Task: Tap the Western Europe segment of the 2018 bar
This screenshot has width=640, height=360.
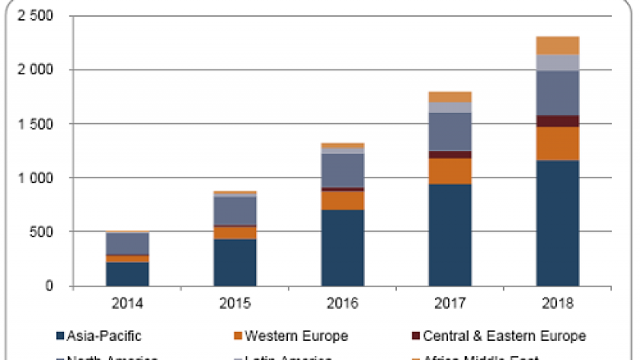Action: point(558,143)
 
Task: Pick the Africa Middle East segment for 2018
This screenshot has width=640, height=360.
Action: point(558,45)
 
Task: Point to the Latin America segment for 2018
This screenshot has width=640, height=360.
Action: point(558,62)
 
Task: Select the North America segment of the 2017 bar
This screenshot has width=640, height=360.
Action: point(450,131)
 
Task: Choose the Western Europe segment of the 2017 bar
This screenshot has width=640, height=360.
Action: point(450,170)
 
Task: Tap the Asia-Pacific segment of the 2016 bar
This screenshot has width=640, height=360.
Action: point(342,247)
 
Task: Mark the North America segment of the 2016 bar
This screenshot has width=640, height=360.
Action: point(342,170)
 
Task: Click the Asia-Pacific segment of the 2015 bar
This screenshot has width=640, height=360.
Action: point(235,262)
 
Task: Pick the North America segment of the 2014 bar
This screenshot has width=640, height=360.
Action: point(128,243)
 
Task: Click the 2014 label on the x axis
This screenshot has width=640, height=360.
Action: point(128,304)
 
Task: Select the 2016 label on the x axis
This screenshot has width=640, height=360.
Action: point(342,304)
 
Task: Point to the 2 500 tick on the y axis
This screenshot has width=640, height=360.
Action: point(34,16)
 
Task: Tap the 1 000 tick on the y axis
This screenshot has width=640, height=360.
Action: point(34,178)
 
